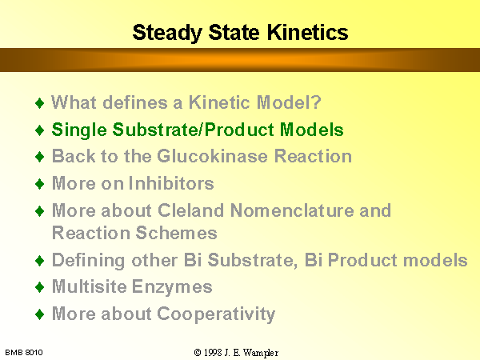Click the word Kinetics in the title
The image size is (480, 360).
tap(308, 32)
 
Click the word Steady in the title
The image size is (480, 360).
tap(167, 33)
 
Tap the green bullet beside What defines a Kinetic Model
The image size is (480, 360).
tap(40, 103)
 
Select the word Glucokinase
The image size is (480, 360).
tap(213, 156)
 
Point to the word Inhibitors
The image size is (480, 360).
tap(171, 183)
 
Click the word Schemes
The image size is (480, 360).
tap(176, 233)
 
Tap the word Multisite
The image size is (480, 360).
tap(90, 286)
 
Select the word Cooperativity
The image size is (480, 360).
tap(216, 314)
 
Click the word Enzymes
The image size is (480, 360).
tap(172, 287)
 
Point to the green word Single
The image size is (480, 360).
tap(79, 130)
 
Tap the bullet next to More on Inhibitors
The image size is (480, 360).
tap(40, 184)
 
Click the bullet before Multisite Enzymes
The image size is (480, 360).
tap(40, 287)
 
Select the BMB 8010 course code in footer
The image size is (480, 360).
tap(24, 353)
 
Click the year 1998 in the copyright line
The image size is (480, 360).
tap(213, 353)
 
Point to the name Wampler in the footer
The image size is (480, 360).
tap(261, 354)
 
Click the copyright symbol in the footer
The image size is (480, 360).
tap(198, 353)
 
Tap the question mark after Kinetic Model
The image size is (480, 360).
tap(316, 102)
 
